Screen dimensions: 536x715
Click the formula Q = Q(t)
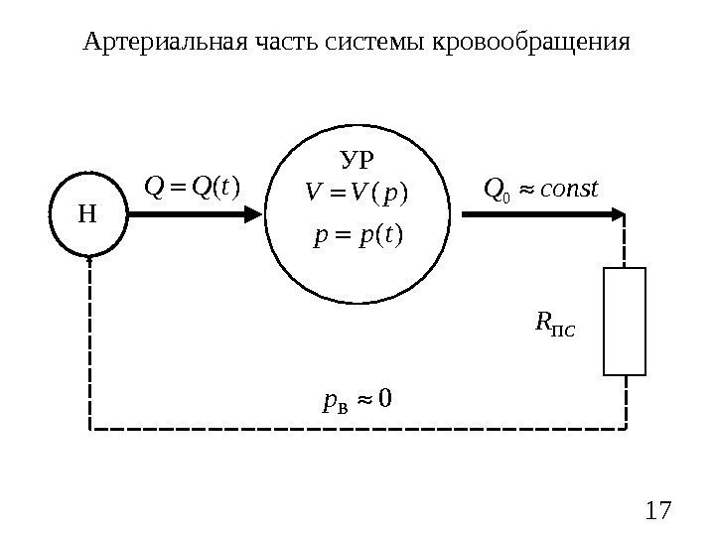pyautogui.click(x=193, y=186)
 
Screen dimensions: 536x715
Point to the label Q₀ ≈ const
pyautogui.click(x=540, y=187)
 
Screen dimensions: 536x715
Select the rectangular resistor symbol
pyautogui.click(x=625, y=322)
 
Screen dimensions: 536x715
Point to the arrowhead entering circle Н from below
pyautogui.click(x=90, y=257)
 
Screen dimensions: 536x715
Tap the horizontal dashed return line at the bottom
pyautogui.click(x=357, y=429)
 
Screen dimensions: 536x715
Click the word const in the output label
pyautogui.click(x=568, y=186)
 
